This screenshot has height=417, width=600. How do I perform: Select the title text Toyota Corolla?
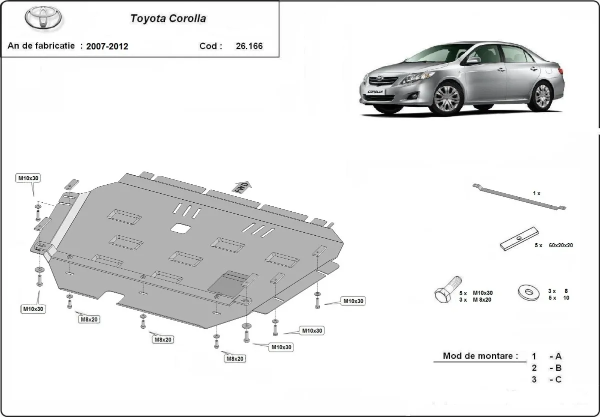tap(168, 19)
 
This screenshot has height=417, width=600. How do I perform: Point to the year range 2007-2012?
tap(107, 46)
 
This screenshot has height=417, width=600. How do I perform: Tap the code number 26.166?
tap(249, 46)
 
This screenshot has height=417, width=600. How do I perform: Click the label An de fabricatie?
tap(41, 46)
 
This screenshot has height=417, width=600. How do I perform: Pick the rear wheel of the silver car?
tap(542, 96)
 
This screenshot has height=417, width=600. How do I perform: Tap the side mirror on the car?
tap(472, 60)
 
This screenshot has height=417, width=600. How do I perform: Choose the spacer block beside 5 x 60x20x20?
tap(519, 239)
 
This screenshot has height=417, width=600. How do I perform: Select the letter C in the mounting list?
tap(558, 380)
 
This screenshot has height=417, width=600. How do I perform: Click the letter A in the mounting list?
tap(558, 357)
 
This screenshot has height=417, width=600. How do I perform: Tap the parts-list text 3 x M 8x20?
tap(475, 300)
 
